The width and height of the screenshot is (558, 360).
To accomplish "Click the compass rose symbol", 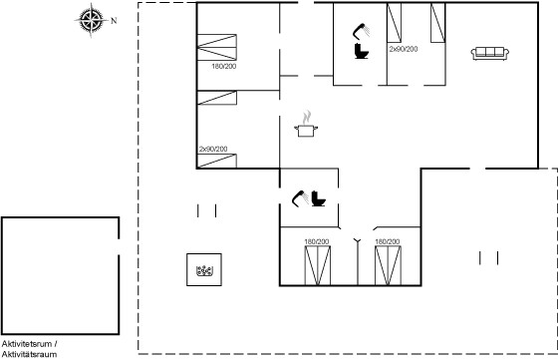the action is pyautogui.click(x=92, y=20).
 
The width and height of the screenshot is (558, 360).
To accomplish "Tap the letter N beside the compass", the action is pyautogui.click(x=114, y=21).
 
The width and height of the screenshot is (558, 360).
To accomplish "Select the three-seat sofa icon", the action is pyautogui.click(x=490, y=54).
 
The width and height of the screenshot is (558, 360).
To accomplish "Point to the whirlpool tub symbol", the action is pyautogui.click(x=204, y=271).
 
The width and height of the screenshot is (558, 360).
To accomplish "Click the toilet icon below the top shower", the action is pyautogui.click(x=362, y=51).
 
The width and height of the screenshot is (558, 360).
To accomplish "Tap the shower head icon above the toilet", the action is pyautogui.click(x=361, y=31).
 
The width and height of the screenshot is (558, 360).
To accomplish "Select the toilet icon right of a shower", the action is pyautogui.click(x=318, y=198).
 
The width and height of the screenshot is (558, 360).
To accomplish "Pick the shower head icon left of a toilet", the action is pyautogui.click(x=300, y=198).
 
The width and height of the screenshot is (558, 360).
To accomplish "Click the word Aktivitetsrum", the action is pyautogui.click(x=27, y=344).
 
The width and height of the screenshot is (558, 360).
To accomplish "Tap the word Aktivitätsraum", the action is pyautogui.click(x=29, y=354).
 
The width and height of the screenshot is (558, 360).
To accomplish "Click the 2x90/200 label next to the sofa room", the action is pyautogui.click(x=404, y=49).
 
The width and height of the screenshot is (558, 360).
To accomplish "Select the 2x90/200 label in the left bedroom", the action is pyautogui.click(x=213, y=149).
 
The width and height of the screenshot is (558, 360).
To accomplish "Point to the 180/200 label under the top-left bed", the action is pyautogui.click(x=224, y=66).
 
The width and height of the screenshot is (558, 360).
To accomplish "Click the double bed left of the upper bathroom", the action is pyautogui.click(x=217, y=47).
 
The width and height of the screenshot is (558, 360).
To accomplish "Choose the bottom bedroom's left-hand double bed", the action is pyautogui.click(x=318, y=265).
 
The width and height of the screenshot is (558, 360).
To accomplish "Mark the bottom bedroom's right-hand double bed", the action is pyautogui.click(x=388, y=265).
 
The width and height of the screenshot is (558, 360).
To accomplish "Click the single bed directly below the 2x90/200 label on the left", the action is pyautogui.click(x=217, y=161).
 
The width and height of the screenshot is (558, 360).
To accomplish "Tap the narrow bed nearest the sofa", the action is pyautogui.click(x=438, y=23).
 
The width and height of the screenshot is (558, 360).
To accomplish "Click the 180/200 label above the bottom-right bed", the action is pyautogui.click(x=388, y=241).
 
